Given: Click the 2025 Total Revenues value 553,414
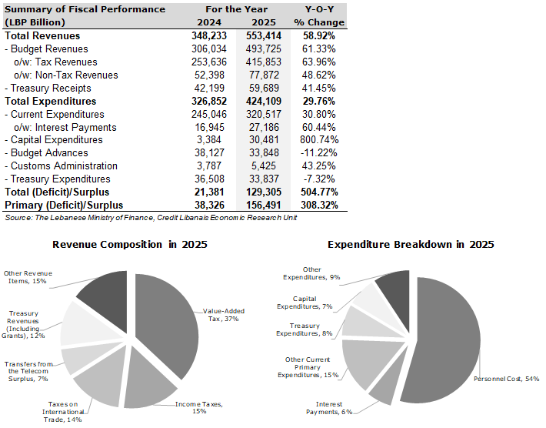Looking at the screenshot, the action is point(264,35).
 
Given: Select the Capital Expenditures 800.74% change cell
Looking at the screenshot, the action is point(319,140).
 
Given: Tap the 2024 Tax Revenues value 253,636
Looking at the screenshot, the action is point(209,62).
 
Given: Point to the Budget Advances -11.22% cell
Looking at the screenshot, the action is point(319,152).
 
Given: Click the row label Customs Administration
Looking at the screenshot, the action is point(61,166).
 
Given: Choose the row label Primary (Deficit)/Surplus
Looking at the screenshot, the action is point(64,205).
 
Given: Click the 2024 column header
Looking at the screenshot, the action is point(209,22).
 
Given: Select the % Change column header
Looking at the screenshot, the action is point(319,22).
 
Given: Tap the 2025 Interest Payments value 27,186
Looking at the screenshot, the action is point(264,127).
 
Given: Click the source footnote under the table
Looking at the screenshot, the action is point(151,218).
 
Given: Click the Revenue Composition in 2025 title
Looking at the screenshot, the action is point(129,244).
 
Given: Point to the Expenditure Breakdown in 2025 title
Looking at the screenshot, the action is point(411,244).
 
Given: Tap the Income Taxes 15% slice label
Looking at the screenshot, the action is point(199,407).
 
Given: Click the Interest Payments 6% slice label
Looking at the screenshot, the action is point(329,408).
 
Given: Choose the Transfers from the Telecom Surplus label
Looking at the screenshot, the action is point(28,371).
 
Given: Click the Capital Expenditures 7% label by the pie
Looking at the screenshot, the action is point(305,303).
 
